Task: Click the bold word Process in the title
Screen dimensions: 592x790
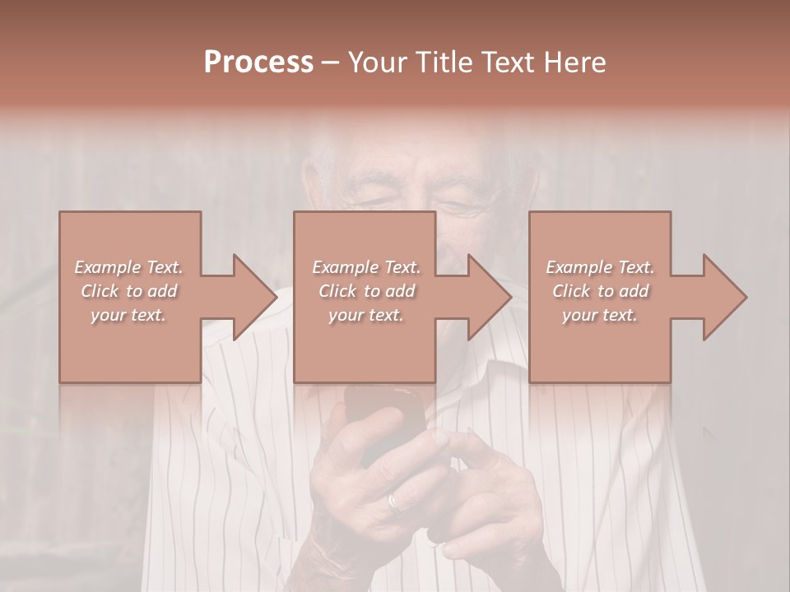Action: pos(258,62)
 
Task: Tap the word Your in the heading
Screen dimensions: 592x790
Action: pos(375,62)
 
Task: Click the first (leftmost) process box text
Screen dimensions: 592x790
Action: pos(129,291)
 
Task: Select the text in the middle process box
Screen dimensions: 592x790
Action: pos(366,291)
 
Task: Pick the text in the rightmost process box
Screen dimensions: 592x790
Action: pos(600,291)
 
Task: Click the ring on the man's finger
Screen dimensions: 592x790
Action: pos(394,501)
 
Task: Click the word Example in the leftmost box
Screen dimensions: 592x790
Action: pos(107,267)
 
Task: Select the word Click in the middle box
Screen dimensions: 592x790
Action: pos(337,291)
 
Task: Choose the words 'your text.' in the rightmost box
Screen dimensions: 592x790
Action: pos(600,316)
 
